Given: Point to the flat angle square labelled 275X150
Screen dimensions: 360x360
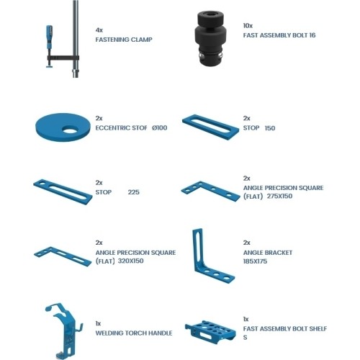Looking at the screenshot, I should [x=210, y=189].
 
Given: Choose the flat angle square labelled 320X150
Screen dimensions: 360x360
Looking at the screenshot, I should [x=63, y=255].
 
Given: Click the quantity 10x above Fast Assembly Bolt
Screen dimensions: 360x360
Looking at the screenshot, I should [x=248, y=26].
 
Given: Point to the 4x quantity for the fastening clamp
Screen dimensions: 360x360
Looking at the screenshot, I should [x=99, y=30].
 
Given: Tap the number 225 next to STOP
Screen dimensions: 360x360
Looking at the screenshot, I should [x=133, y=192].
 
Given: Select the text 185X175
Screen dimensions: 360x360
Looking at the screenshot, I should [x=256, y=261].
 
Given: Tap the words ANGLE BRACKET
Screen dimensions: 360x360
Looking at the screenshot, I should [x=266, y=252].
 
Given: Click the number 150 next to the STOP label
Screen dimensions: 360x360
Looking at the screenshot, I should [x=269, y=128].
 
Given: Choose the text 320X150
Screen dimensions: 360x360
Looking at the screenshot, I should [x=131, y=261].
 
